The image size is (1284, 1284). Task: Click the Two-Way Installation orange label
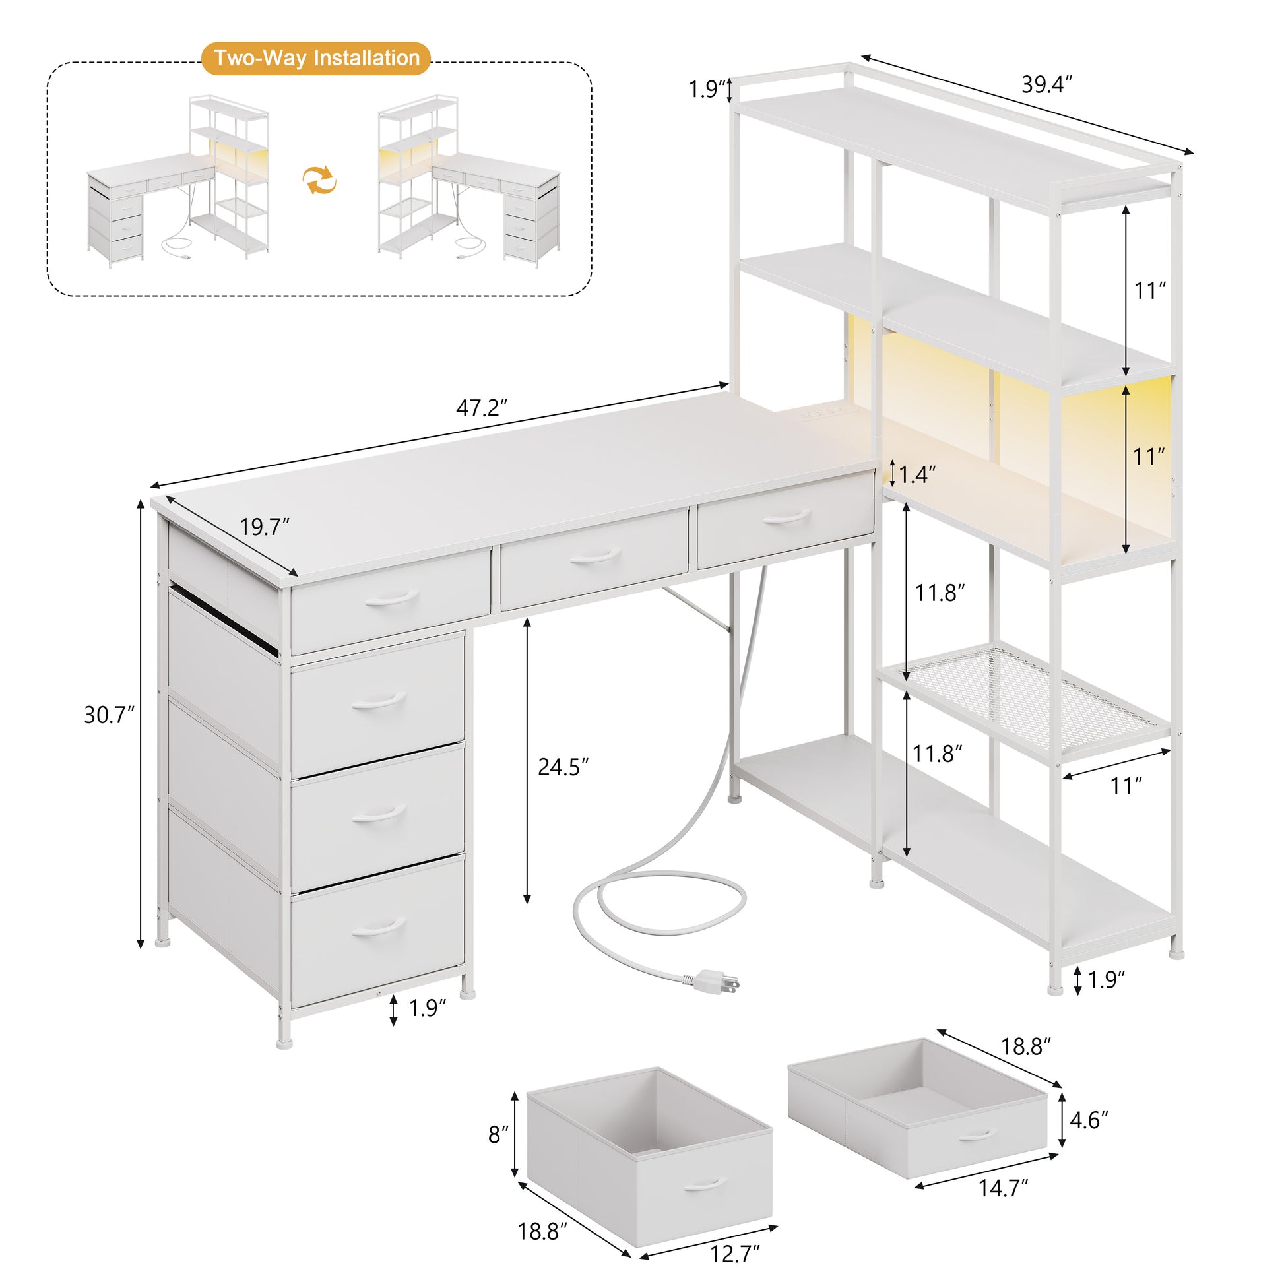(316, 59)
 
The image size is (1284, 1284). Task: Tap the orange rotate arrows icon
(319, 180)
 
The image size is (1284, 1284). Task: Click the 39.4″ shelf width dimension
(1046, 84)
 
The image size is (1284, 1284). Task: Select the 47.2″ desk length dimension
(482, 407)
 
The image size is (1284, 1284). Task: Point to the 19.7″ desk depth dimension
(265, 527)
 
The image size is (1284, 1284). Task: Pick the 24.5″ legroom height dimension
(563, 767)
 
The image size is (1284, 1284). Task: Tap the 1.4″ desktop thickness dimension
(917, 474)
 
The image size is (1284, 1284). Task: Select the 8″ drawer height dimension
(498, 1134)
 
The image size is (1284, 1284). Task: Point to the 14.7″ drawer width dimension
(1003, 1188)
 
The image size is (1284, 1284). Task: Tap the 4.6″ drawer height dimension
(1089, 1120)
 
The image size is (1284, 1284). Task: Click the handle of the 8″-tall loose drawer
(705, 1183)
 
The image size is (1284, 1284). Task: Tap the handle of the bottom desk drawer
(378, 926)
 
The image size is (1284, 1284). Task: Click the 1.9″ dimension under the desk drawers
(427, 1008)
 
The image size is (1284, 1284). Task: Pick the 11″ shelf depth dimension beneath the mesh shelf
(1126, 786)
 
